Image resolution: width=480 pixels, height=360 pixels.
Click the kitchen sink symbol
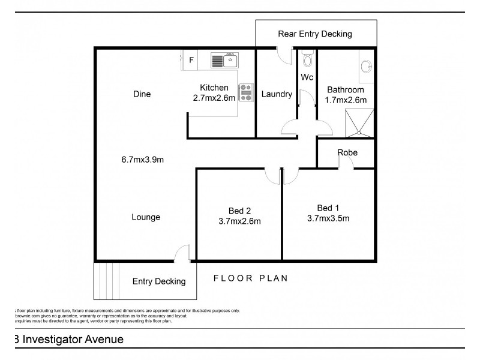pos(225,60)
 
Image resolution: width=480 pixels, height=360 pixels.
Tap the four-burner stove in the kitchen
pos(246,92)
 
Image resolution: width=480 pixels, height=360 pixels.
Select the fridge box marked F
pos(191,60)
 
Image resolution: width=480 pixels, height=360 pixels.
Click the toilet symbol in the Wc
pos(308,60)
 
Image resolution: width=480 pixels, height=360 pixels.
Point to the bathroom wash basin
pos(366,67)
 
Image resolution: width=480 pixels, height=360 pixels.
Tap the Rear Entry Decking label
pos(314,34)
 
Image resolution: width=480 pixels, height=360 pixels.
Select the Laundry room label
pos(277,94)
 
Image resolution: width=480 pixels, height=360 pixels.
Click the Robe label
pos(347,153)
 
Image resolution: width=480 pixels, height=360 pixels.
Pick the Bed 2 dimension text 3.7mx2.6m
pos(239,221)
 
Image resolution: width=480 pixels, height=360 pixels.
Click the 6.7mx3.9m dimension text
pos(142,160)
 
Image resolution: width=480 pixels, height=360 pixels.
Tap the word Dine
pos(142,94)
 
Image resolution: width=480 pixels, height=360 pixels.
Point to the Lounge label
pos(145,217)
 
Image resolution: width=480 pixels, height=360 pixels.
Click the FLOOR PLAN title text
pos(251,278)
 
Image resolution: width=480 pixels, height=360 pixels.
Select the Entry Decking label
pos(158,281)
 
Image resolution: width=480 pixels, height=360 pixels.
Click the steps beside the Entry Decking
pos(105,281)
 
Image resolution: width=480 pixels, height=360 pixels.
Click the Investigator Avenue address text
pos(68,340)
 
